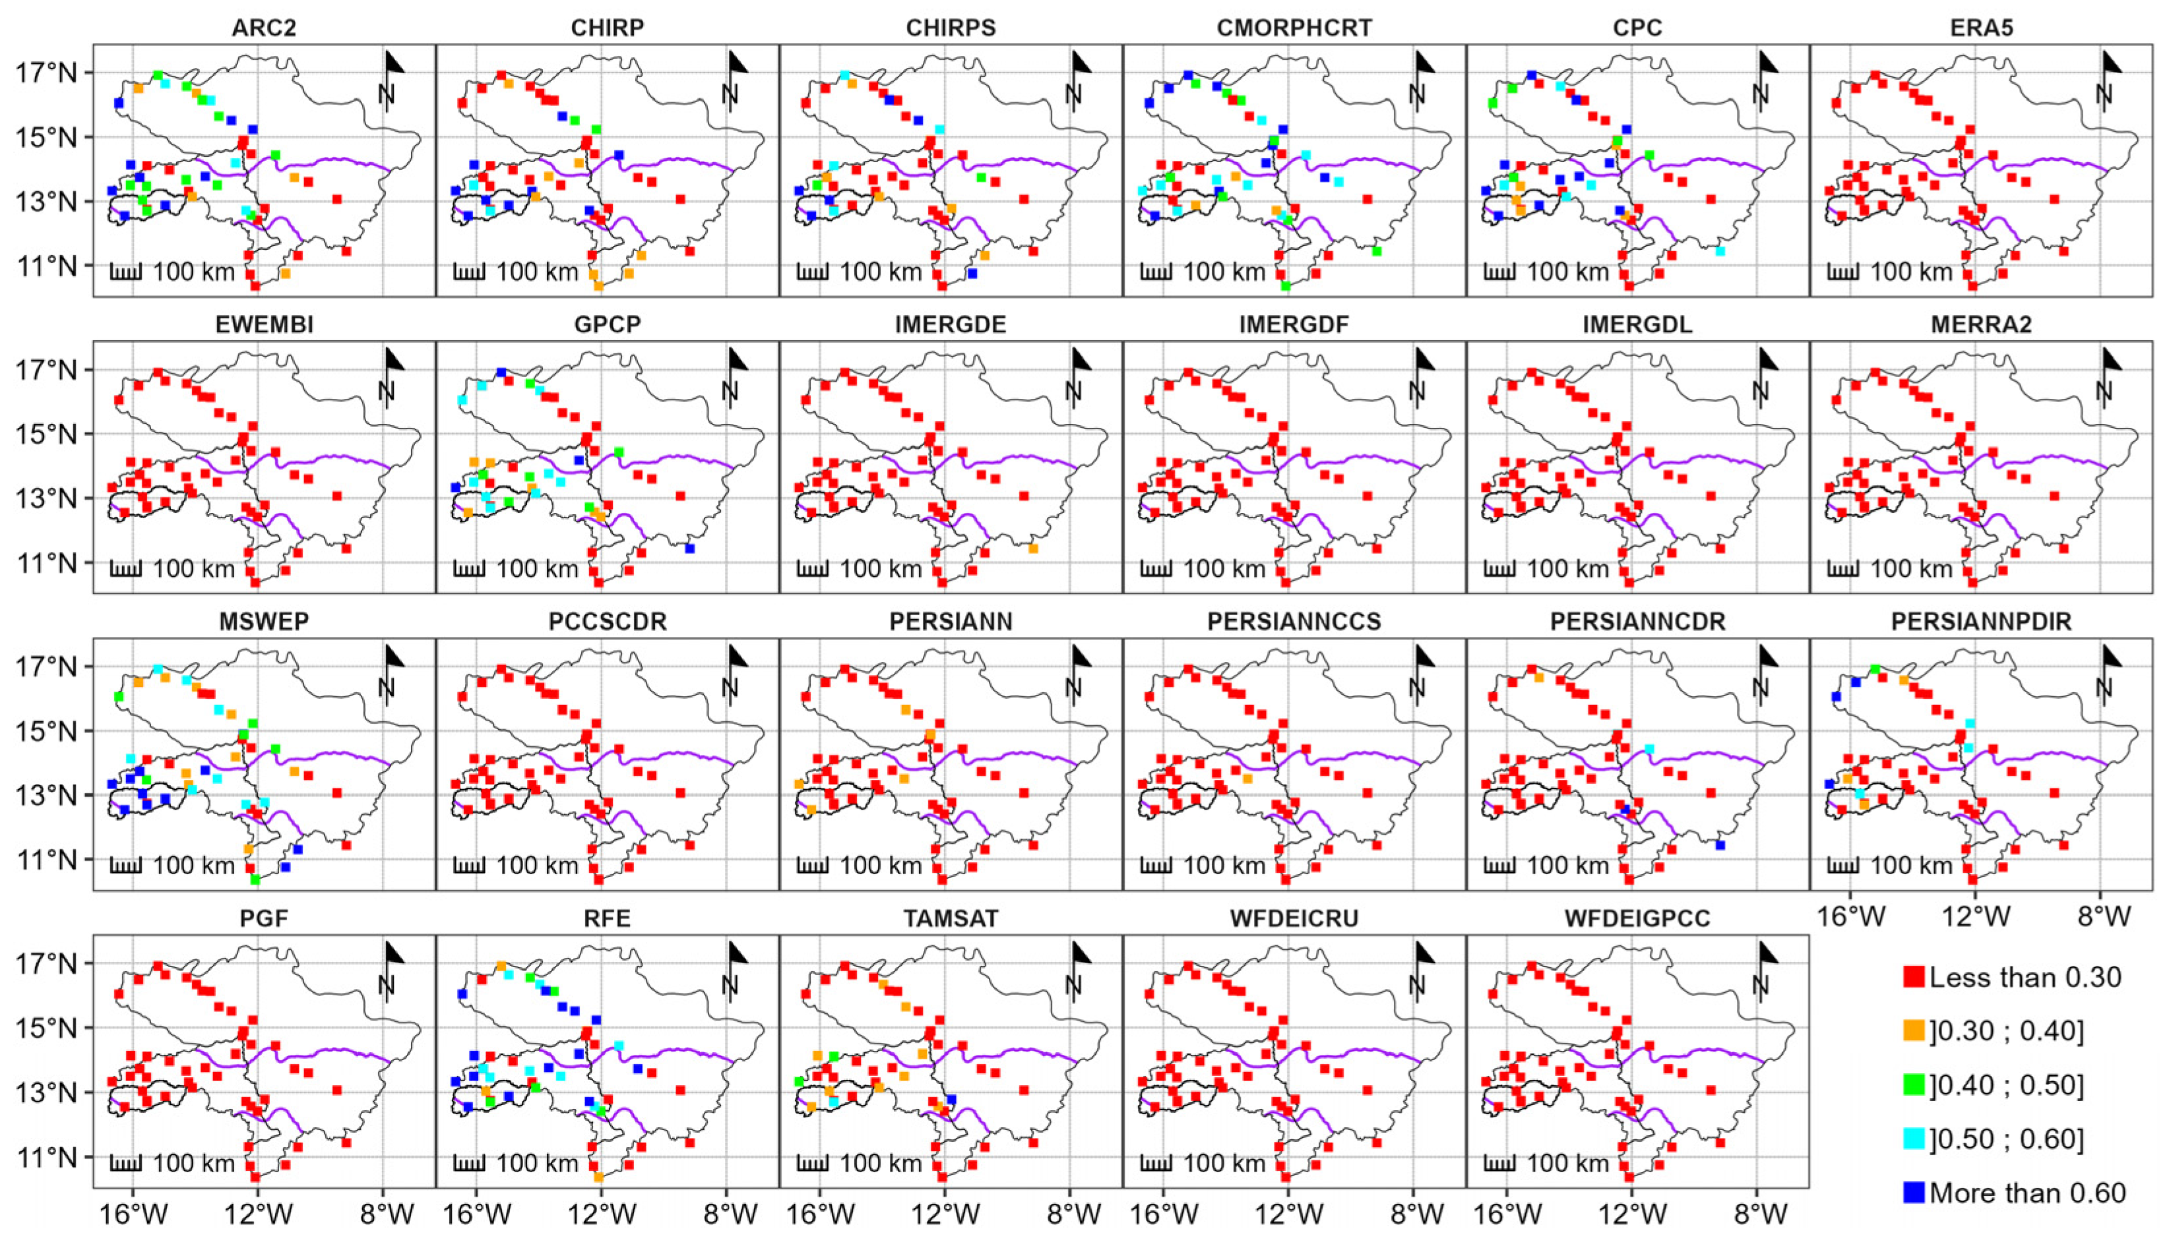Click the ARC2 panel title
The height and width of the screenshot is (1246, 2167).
264,28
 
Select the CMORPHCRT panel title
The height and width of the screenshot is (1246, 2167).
1294,28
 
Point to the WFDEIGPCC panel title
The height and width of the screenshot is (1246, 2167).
1637,919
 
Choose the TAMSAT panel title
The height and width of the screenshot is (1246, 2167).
951,919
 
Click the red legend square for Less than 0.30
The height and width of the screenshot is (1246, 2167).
1914,976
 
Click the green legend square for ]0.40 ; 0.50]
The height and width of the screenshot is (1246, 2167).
1914,1085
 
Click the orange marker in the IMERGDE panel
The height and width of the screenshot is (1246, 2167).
1034,549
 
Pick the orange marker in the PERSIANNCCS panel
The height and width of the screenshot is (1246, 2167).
1247,779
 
